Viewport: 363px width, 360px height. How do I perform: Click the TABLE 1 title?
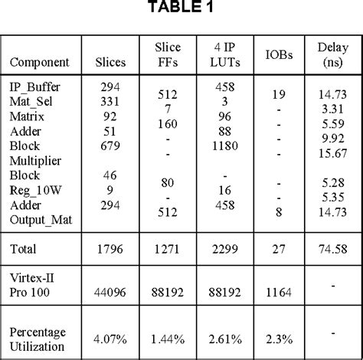pyautogui.click(x=181, y=9)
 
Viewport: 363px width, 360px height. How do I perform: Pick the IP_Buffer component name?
pyautogui.click(x=36, y=88)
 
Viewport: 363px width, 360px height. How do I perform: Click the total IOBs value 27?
pyautogui.click(x=276, y=249)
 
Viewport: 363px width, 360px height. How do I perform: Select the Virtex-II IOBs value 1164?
pyautogui.click(x=276, y=293)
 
